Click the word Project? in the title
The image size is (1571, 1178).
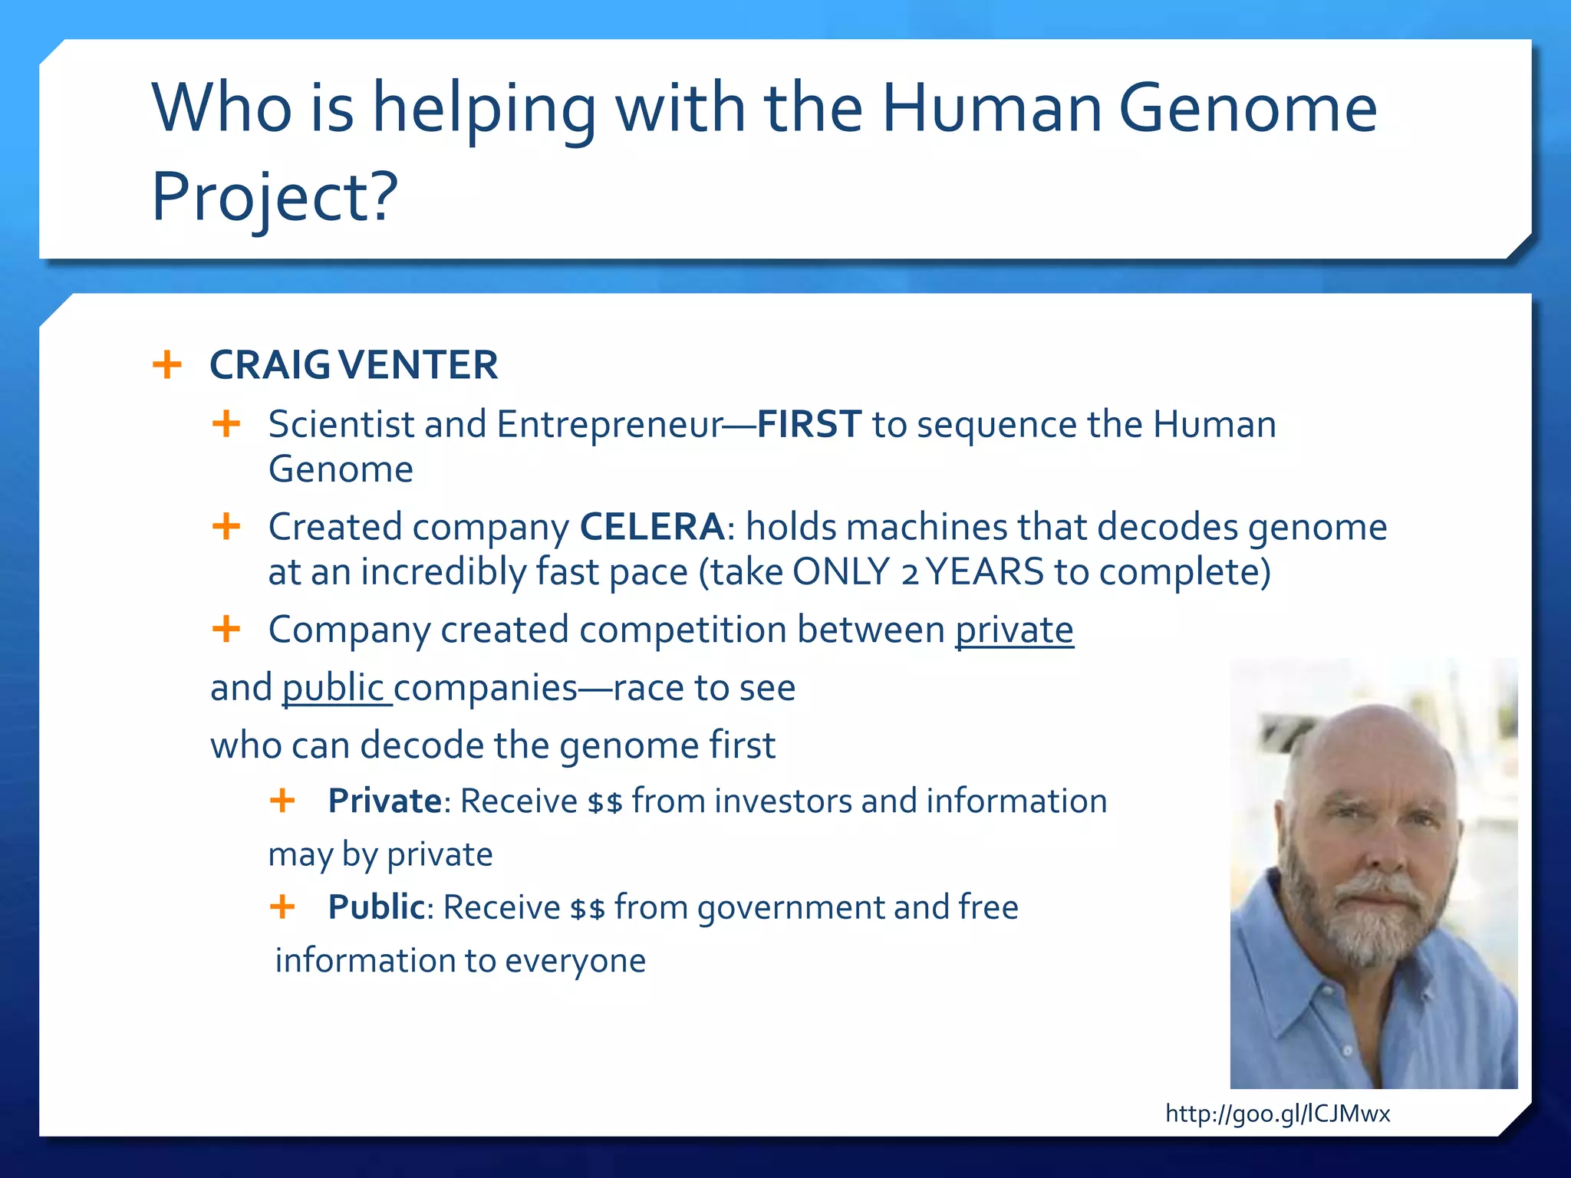275,197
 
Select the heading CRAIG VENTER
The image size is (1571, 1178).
354,365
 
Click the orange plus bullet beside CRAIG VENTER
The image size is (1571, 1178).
167,364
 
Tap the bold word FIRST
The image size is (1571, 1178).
809,424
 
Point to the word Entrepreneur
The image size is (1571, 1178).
610,425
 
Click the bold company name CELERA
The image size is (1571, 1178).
651,527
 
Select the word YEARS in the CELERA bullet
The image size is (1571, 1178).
986,572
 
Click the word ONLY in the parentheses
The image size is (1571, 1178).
840,572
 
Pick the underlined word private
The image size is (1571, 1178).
1013,630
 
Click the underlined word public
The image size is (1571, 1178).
333,688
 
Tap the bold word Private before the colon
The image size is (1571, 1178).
384,801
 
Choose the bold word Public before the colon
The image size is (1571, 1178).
376,907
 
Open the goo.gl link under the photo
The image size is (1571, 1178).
1277,1113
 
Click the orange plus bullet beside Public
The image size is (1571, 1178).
282,907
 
